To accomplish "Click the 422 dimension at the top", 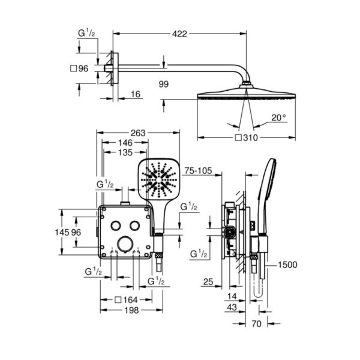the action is tap(180, 34).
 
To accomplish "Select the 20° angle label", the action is tap(279, 118).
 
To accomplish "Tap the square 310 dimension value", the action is tap(247, 138).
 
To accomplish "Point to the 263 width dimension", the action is tap(138, 133).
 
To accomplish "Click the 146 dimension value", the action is tap(125, 143).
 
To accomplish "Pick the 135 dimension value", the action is tap(125, 152).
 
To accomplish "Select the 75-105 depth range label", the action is tap(198, 170).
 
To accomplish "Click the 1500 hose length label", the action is tap(287, 265).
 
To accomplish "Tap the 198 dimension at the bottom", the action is tap(131, 310).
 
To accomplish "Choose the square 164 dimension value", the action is tap(126, 299).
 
